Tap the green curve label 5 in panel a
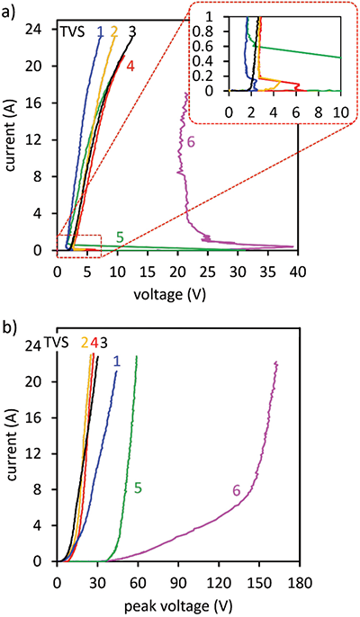[x=119, y=237]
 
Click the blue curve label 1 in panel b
[x=116, y=361]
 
